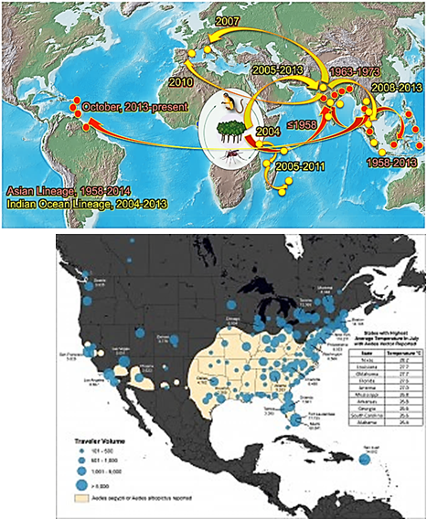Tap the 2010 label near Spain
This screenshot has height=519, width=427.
180,81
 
